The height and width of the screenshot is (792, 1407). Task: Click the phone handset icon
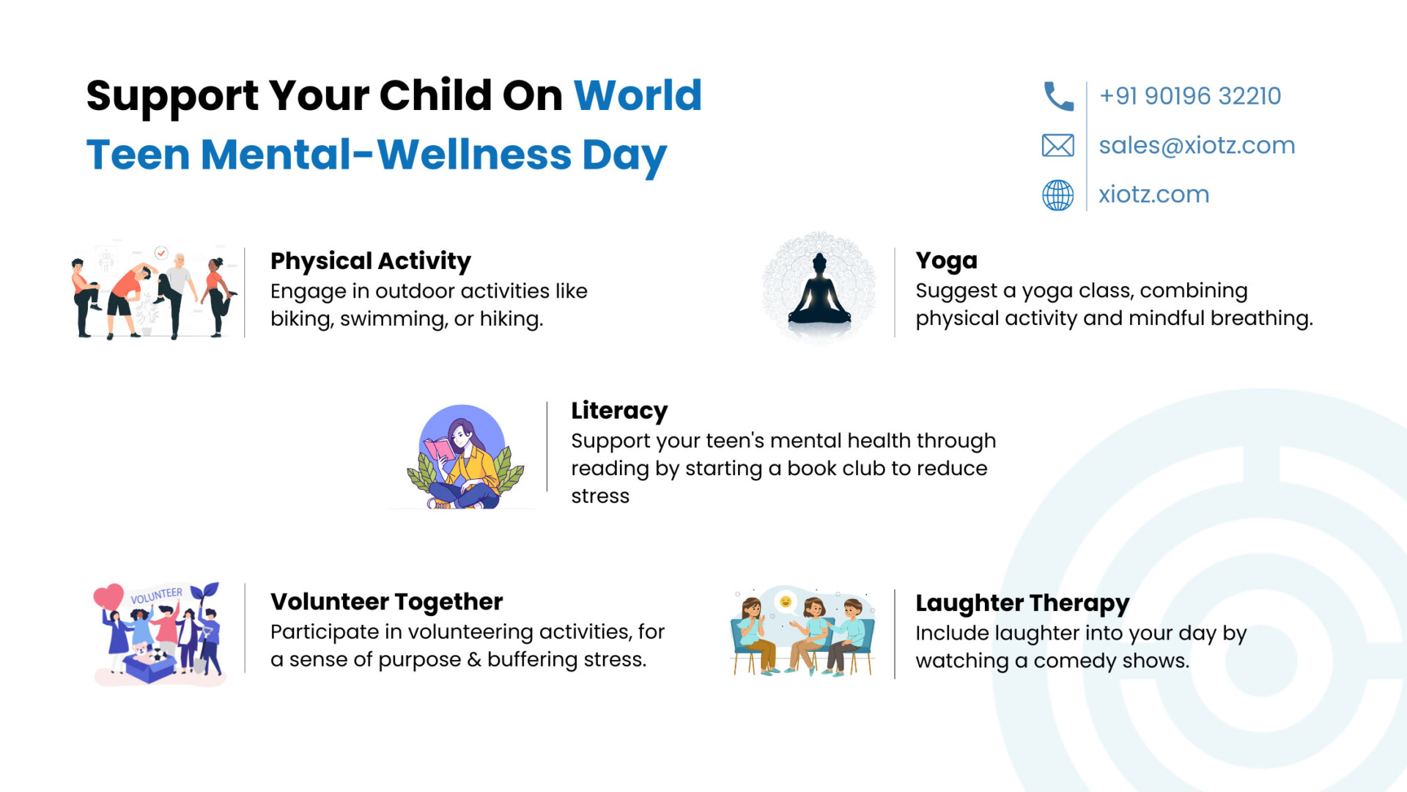click(1058, 96)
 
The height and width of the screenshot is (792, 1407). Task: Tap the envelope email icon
click(1058, 145)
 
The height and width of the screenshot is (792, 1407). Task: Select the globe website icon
click(1058, 195)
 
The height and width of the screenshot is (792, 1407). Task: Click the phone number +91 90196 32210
click(1190, 96)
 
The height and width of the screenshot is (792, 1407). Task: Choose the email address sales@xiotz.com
click(1197, 145)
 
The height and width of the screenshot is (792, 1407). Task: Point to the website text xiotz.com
click(1153, 194)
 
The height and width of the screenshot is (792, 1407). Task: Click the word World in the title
click(638, 95)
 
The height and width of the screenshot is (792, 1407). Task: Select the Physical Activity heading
click(371, 261)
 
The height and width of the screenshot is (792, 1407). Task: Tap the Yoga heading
click(946, 260)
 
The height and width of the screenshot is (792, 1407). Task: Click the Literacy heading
click(619, 411)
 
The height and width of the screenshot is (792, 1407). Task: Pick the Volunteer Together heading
click(386, 601)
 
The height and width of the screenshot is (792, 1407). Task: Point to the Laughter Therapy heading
click(1022, 603)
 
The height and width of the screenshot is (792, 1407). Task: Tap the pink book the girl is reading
click(440, 448)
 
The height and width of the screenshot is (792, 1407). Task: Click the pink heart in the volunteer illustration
click(108, 596)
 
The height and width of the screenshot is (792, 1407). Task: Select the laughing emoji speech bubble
click(786, 603)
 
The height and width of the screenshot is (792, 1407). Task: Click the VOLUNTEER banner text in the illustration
click(156, 595)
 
